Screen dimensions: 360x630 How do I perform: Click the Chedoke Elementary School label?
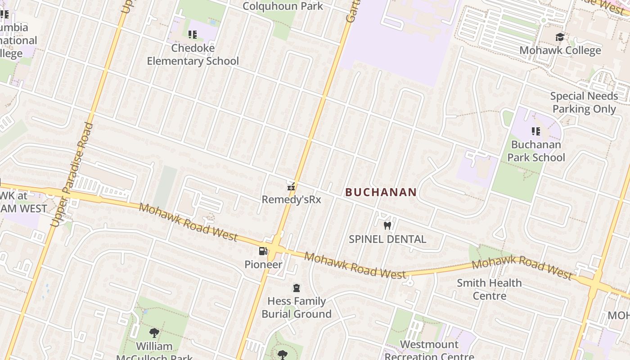click(x=193, y=54)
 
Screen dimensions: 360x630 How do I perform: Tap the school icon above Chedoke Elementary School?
click(x=193, y=35)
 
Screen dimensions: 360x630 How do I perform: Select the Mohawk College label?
click(x=560, y=50)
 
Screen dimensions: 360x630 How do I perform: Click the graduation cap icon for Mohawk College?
click(x=560, y=37)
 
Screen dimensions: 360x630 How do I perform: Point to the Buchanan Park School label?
click(x=536, y=151)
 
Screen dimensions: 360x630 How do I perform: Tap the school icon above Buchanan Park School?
click(x=536, y=131)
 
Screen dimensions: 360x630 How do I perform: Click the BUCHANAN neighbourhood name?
click(x=381, y=192)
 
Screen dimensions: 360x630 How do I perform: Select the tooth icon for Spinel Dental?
click(x=387, y=225)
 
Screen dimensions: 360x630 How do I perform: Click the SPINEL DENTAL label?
click(x=387, y=239)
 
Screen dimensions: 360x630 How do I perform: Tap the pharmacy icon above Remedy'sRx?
click(x=291, y=186)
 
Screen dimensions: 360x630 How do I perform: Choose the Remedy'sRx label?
click(x=291, y=199)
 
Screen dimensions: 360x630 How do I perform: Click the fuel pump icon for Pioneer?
click(x=263, y=251)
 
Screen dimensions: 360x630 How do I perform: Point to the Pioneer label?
click(x=263, y=265)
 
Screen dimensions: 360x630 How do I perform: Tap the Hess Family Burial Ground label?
click(x=297, y=307)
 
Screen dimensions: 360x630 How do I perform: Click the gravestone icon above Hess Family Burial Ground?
click(x=297, y=288)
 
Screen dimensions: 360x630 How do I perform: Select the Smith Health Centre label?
click(x=489, y=289)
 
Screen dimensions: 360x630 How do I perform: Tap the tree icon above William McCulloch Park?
click(x=154, y=333)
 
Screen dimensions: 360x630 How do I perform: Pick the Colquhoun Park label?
click(x=283, y=6)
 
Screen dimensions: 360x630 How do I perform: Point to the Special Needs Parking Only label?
click(x=584, y=103)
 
